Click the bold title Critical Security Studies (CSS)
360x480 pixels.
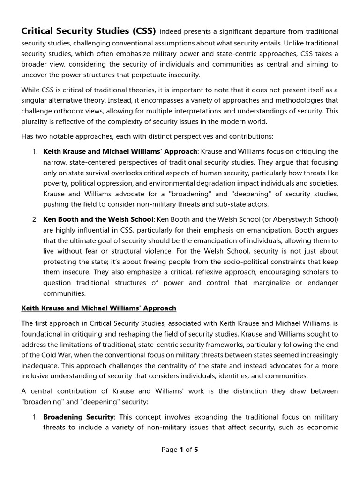[x=89, y=31]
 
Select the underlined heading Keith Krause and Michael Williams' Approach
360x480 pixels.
[x=99, y=308]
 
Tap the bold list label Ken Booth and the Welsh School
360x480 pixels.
[x=98, y=219]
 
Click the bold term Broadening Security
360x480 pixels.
[x=78, y=417]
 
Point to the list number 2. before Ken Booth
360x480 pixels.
[x=35, y=219]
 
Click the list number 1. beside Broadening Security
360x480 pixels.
[x=35, y=417]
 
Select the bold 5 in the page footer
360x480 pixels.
[x=196, y=450]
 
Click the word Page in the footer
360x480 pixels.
[x=169, y=450]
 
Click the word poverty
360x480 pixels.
[x=56, y=183]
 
